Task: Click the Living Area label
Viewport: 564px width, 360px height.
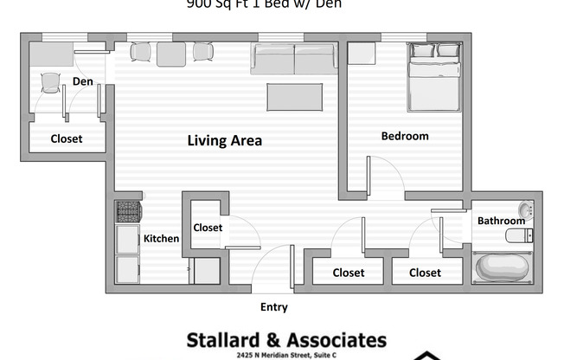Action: coord(225,140)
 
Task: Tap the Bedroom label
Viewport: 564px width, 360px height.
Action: coord(405,136)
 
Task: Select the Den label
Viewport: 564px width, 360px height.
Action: coord(83,81)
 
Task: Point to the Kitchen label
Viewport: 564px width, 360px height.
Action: coord(161,239)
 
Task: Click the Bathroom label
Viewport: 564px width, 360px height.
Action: coord(502,222)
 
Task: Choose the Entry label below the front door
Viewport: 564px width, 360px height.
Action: coord(273,307)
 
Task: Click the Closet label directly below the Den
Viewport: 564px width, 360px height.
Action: coord(67,138)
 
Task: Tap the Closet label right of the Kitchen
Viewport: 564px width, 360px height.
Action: coord(208,228)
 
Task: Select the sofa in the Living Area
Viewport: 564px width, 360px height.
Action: coord(294,59)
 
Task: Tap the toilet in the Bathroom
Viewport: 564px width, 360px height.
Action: coord(519,236)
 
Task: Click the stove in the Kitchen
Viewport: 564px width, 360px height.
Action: coord(128,213)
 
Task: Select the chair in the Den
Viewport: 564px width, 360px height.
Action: coord(49,83)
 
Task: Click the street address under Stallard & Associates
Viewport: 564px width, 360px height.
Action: coord(285,356)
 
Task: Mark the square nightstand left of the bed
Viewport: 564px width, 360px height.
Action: coord(361,54)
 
